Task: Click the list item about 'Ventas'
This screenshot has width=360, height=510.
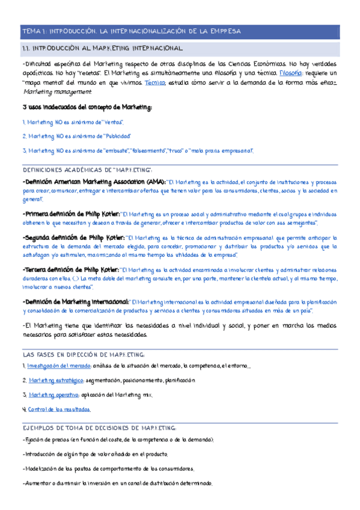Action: [x=68, y=122]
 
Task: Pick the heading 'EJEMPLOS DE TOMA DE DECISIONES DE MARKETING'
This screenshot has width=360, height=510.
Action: [x=99, y=428]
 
